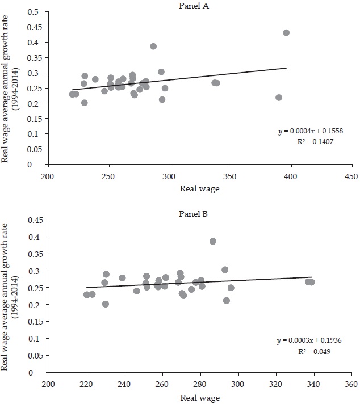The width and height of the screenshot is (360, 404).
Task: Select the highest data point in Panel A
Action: [286, 33]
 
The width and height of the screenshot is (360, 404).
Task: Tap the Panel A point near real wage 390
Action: [279, 98]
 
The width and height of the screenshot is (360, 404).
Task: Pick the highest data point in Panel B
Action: [213, 241]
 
